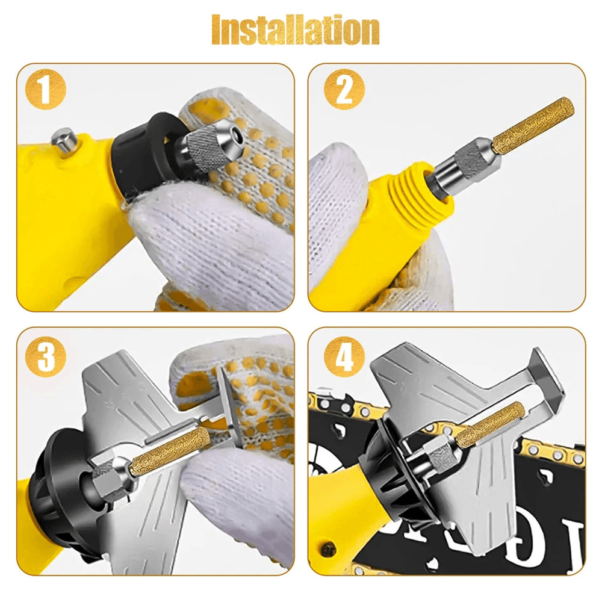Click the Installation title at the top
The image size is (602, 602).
(296, 30)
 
